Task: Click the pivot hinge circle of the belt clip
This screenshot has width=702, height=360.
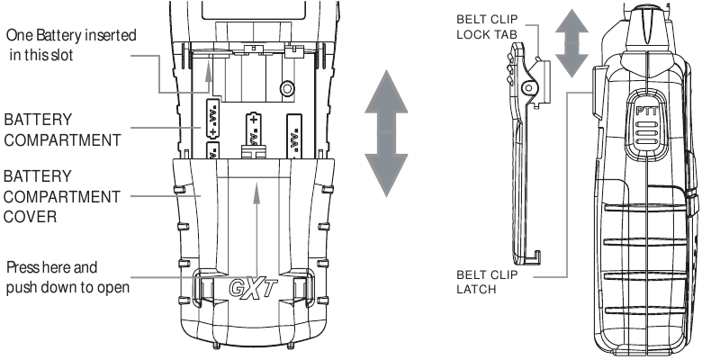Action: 531,88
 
